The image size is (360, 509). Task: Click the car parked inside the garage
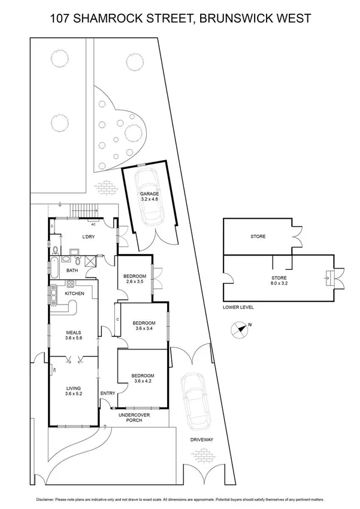coord(146,179)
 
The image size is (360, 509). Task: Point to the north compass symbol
coord(240,328)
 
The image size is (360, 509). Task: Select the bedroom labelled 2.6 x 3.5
coord(132,279)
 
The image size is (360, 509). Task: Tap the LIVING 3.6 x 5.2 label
coord(74,391)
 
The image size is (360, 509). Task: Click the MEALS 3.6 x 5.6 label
coord(74,336)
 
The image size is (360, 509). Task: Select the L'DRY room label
coord(89,236)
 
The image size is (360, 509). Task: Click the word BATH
coord(72,270)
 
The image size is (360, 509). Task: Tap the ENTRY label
coord(108,393)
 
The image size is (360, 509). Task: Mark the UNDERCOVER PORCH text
coord(134,418)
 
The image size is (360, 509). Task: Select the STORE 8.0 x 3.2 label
coord(279,281)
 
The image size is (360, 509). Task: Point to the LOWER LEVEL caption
coord(238,307)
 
